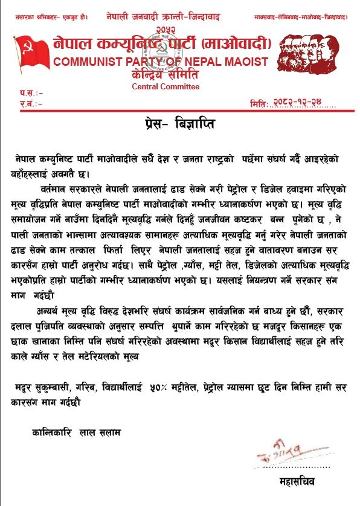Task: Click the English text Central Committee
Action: [166, 86]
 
